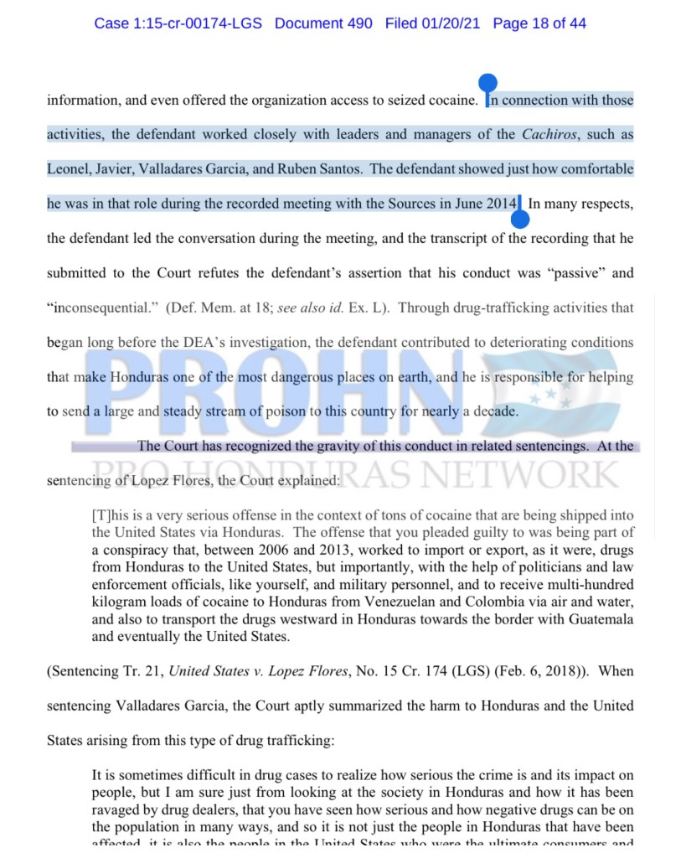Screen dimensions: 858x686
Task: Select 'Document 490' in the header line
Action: pos(323,23)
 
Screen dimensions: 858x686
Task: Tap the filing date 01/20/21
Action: pos(451,23)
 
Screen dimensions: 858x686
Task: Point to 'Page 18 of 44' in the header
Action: pos(539,23)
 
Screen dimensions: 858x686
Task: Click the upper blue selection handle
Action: pos(487,84)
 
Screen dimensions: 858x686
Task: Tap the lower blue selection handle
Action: pos(520,220)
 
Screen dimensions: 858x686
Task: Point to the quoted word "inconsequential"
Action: pos(102,308)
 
